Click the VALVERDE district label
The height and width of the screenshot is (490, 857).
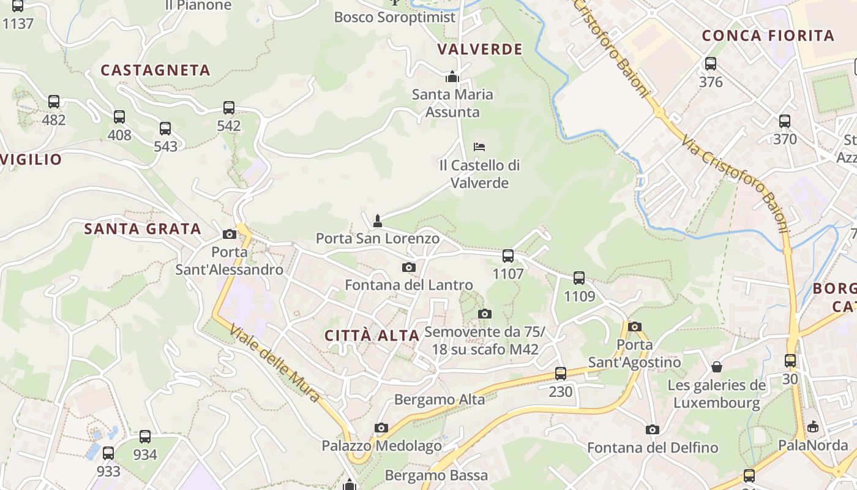480,50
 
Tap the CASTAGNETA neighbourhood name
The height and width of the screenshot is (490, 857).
155,70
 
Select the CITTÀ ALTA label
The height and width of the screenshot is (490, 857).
372,336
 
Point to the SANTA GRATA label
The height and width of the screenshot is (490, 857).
143,229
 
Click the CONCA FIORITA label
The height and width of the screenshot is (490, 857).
768,36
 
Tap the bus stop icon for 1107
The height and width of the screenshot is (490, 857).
508,255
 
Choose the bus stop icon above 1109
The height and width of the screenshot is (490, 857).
579,278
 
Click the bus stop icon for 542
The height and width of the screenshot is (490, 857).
229,108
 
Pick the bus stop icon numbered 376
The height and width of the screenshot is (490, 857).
711,63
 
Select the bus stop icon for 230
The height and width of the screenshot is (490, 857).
560,373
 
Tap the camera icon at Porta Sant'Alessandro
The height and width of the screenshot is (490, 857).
230,234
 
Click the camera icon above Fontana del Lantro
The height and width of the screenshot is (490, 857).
409,267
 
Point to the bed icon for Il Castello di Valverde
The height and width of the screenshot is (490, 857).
479,147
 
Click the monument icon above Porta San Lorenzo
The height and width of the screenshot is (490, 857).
378,221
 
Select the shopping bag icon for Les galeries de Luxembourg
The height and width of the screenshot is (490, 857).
717,367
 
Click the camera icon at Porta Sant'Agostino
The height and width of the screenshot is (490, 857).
635,326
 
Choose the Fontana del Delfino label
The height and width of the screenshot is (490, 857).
653,448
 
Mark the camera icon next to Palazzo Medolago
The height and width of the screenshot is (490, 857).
381,428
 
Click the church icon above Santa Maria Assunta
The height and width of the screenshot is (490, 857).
452,77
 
